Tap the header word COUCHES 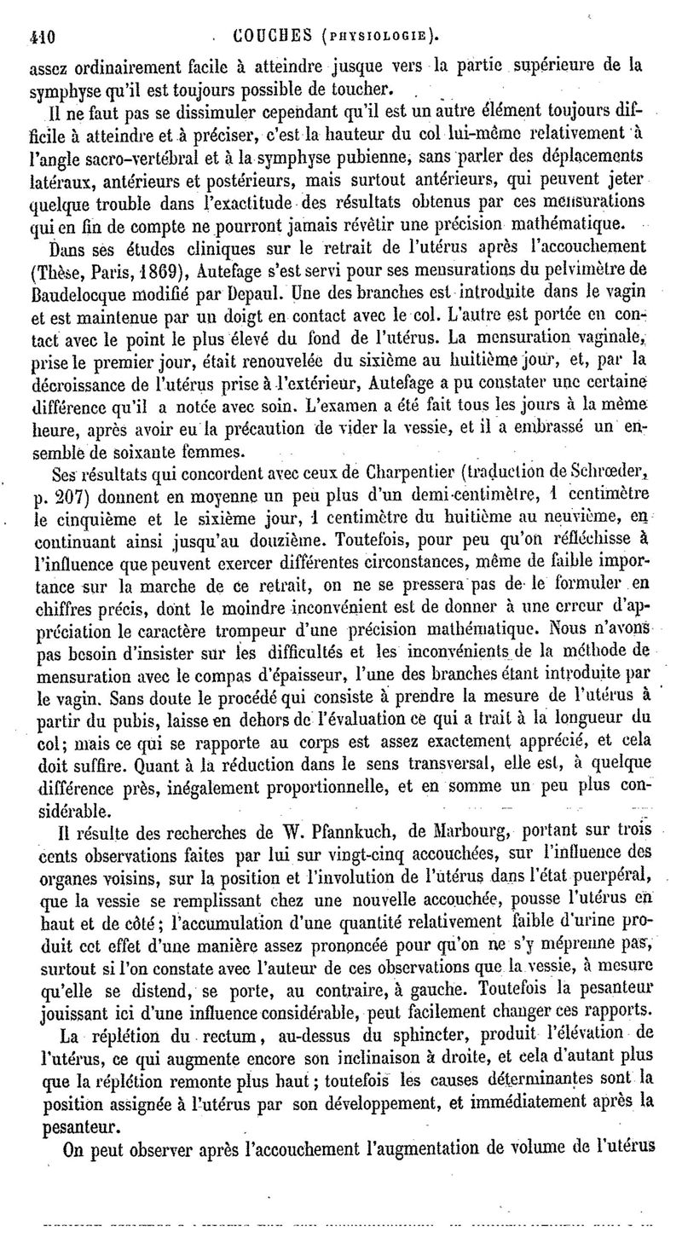[x=269, y=36]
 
